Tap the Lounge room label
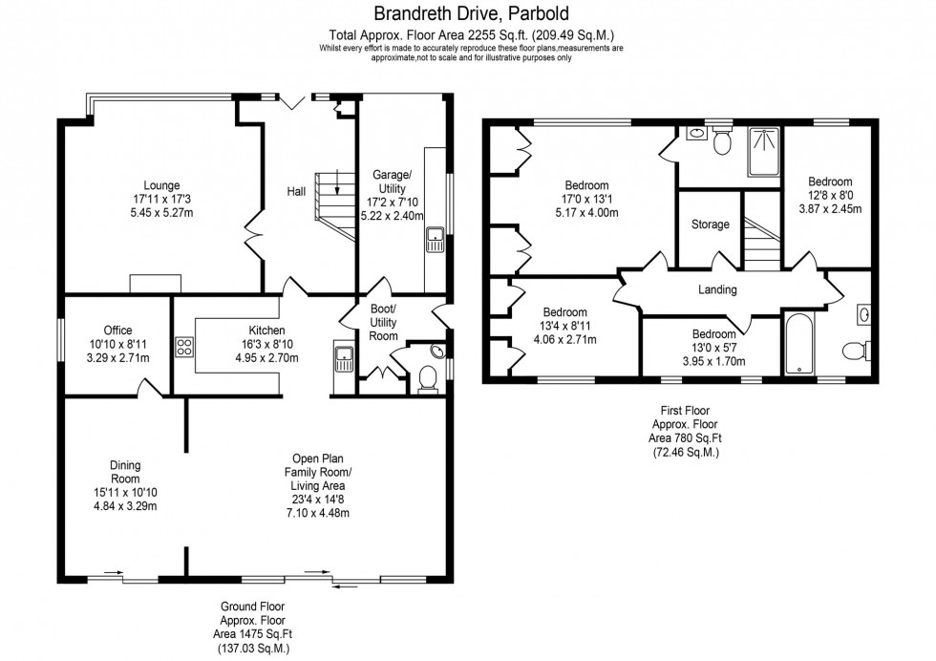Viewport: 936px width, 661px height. tap(161, 185)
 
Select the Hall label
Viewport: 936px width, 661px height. tap(296, 192)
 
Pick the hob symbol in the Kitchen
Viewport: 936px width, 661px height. tap(184, 347)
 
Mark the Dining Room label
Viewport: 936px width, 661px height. tap(124, 473)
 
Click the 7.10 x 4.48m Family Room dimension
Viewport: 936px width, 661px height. tap(318, 513)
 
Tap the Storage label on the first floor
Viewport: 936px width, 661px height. tap(710, 225)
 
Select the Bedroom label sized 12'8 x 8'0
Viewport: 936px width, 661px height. tap(830, 181)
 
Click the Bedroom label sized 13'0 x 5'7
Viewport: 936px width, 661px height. tap(713, 334)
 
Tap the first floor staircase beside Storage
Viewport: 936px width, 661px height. tap(761, 242)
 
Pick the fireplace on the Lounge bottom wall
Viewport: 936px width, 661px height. tap(156, 283)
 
